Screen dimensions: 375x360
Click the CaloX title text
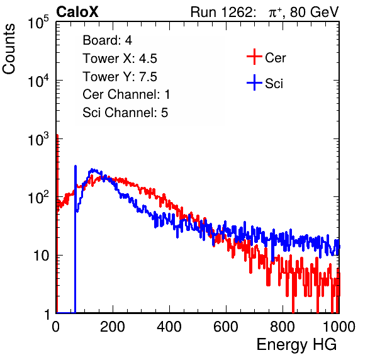pyautogui.click(x=77, y=12)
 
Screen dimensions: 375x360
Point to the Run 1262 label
pyautogui.click(x=221, y=12)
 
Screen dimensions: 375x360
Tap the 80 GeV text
pyautogui.click(x=315, y=13)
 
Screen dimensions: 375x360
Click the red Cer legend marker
pyautogui.click(x=254, y=57)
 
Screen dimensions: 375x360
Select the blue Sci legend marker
pyautogui.click(x=254, y=82)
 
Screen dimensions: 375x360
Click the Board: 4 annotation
pyautogui.click(x=107, y=40)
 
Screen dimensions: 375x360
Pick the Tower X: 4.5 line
pyautogui.click(x=120, y=59)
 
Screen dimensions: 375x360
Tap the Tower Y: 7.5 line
pyautogui.click(x=120, y=77)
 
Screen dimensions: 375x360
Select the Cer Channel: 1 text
pyautogui.click(x=126, y=94)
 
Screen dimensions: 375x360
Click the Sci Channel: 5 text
pyautogui.click(x=125, y=113)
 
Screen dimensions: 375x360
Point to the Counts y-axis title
pyautogui.click(x=9, y=49)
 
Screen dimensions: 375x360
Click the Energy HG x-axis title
pyautogui.click(x=296, y=345)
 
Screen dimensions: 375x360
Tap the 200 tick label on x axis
pyautogui.click(x=113, y=327)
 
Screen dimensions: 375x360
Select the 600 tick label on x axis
pyautogui.click(x=226, y=327)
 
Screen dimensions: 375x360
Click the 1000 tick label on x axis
pyautogui.click(x=339, y=327)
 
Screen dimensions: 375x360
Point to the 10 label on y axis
pyautogui.click(x=42, y=256)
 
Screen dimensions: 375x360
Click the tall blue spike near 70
pyautogui.click(x=76, y=239)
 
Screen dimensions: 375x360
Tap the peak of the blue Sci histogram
pyautogui.click(x=92, y=169)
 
